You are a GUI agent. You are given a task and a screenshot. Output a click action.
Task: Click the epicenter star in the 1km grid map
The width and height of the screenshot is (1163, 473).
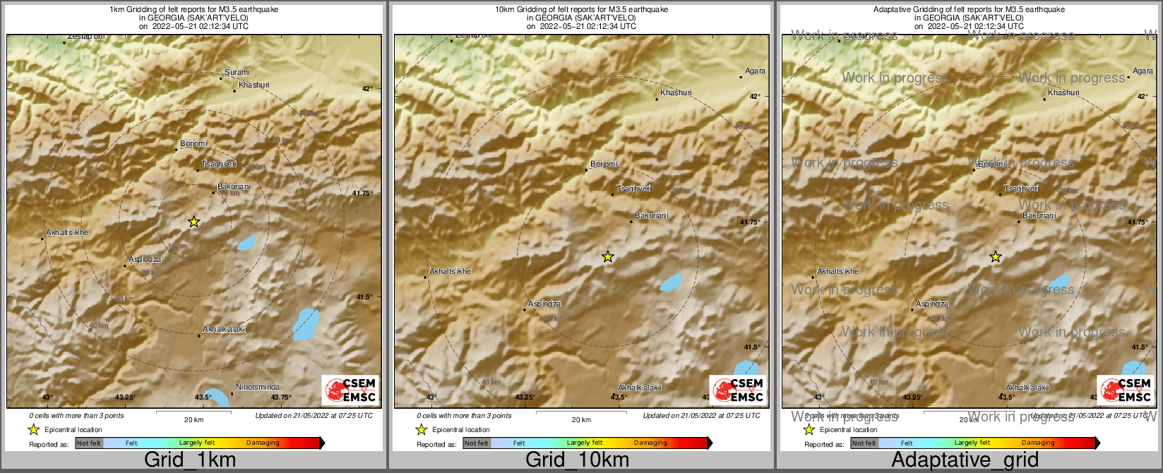tap(194, 222)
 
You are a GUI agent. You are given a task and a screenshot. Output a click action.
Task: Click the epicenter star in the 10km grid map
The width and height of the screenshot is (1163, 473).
tap(607, 257)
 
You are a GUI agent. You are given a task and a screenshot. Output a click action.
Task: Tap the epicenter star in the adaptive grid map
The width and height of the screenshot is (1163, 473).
tap(995, 257)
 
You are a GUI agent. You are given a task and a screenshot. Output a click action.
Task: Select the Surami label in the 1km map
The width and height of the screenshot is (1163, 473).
tap(237, 72)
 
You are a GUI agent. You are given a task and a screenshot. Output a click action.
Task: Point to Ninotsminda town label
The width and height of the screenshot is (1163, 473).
tap(257, 387)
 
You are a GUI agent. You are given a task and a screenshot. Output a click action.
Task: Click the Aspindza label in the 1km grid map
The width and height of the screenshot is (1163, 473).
tap(145, 259)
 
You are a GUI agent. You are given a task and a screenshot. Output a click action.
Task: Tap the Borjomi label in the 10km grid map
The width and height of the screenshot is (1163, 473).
tap(604, 164)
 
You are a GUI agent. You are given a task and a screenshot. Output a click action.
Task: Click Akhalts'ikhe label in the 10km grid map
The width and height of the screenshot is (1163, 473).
tap(451, 271)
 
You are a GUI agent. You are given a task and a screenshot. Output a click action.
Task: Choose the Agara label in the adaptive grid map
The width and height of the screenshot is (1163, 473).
tap(1143, 71)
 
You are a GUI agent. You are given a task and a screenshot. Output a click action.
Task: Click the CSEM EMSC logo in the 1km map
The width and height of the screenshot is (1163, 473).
tap(351, 390)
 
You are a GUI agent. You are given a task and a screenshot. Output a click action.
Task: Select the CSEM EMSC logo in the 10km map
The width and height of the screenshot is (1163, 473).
tap(739, 390)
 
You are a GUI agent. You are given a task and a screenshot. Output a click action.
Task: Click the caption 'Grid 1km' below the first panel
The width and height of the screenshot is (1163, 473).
tap(190, 460)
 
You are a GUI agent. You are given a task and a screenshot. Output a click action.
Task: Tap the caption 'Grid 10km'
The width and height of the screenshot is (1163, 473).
tap(577, 460)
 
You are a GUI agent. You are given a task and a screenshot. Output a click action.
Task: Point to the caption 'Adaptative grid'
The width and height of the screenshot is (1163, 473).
tap(965, 460)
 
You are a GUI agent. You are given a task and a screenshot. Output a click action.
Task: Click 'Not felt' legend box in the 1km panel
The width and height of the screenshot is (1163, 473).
tap(89, 443)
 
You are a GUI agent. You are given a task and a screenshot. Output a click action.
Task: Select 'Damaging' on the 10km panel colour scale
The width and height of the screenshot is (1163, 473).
tap(650, 443)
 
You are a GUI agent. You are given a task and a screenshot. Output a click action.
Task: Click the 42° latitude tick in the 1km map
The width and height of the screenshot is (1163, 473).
tap(367, 88)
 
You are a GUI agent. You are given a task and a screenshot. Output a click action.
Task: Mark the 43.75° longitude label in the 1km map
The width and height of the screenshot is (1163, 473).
tap(281, 397)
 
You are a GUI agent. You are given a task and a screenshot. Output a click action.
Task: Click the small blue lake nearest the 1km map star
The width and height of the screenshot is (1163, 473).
tap(246, 244)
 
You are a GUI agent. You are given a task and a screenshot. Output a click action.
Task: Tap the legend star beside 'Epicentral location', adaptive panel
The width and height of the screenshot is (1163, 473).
tap(809, 429)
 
